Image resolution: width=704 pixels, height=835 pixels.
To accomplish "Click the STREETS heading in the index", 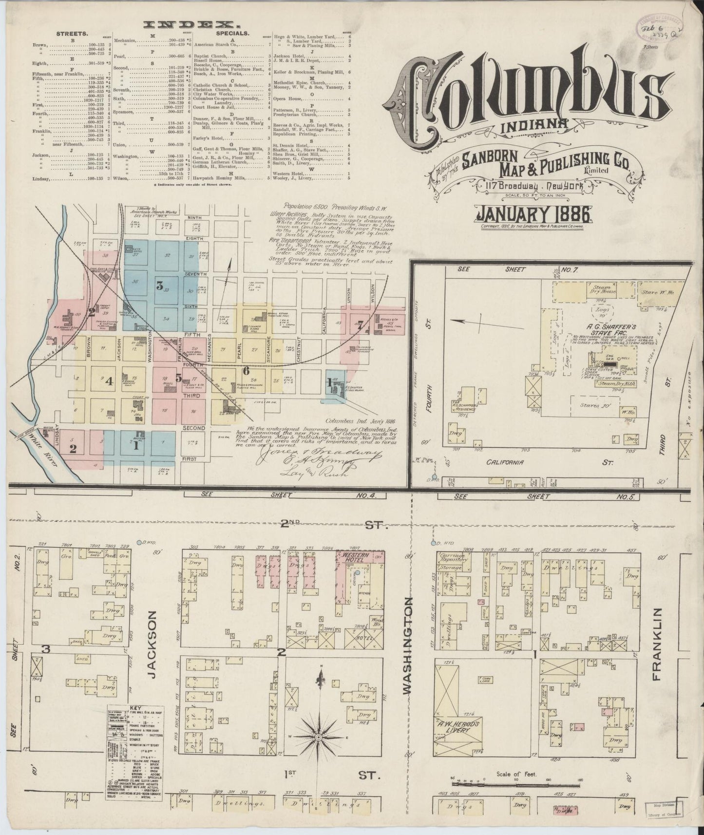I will (x=72, y=34).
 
